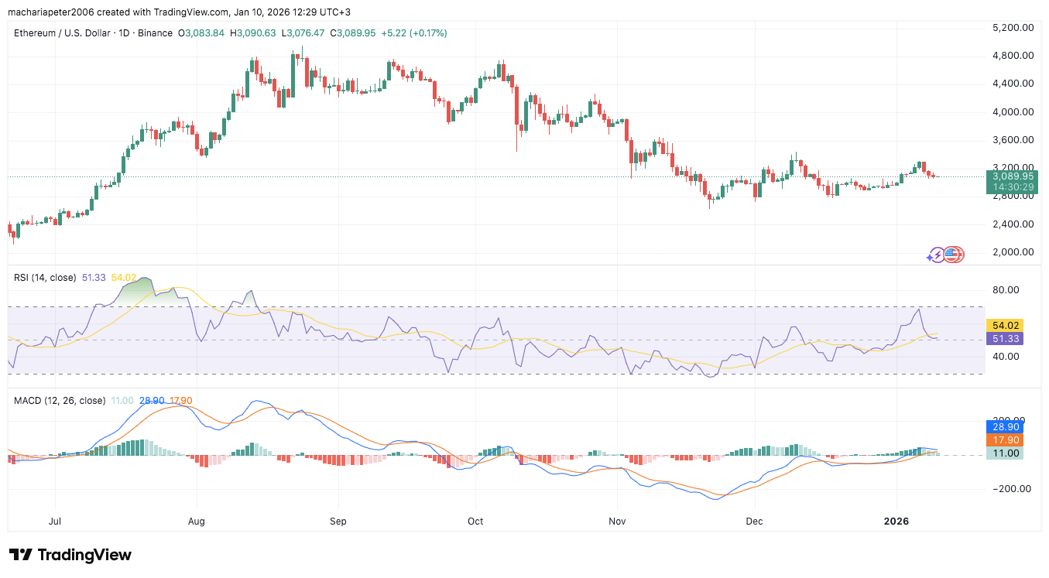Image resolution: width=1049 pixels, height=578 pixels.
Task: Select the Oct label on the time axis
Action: click(475, 522)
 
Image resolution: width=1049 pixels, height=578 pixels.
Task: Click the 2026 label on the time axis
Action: click(896, 522)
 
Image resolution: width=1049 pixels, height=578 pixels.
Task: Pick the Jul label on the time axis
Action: click(55, 522)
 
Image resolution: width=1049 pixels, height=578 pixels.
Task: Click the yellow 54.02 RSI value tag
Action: click(1003, 325)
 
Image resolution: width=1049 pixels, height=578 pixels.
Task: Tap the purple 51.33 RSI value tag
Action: click(1003, 338)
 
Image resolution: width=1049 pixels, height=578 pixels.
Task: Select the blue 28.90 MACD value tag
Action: click(1003, 426)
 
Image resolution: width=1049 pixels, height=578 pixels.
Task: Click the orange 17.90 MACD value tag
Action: click(1003, 439)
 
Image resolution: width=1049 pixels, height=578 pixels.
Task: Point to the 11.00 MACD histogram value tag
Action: click(1003, 453)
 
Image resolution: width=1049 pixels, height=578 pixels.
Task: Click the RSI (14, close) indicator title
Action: click(46, 277)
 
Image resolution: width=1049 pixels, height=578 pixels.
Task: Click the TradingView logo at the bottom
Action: click(70, 555)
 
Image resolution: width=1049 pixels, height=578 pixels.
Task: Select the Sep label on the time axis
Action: click(338, 522)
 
